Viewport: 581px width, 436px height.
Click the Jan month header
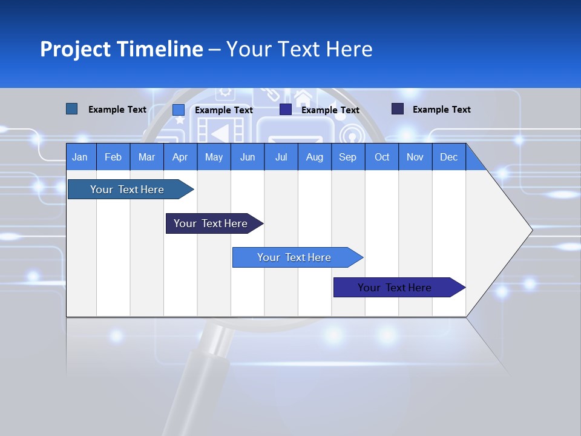tap(80, 157)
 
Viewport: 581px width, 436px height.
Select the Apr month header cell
tap(180, 157)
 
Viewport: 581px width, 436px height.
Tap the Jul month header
tap(281, 157)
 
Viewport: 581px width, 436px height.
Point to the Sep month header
tap(347, 157)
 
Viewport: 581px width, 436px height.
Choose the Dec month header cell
tap(448, 157)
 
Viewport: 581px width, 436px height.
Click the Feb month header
tap(113, 157)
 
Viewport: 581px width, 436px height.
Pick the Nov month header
tap(415, 157)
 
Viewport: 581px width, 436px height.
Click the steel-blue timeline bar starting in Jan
tap(127, 190)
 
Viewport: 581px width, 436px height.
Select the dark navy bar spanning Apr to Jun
tap(211, 223)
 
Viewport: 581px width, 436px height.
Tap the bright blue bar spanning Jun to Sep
tap(294, 257)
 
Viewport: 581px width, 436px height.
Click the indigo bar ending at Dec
tap(395, 288)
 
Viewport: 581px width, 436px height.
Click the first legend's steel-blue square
tap(71, 109)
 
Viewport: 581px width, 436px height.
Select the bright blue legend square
tap(178, 110)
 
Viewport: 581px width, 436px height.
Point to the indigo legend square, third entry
tap(286, 110)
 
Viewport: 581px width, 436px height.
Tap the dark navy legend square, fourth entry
tap(397, 109)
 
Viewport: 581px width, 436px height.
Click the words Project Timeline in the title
tap(121, 49)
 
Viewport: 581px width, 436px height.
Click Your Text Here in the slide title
tap(299, 49)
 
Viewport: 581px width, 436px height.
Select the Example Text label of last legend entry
tap(441, 110)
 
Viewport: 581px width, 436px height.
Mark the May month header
tap(214, 157)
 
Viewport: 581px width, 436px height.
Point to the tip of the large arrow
tap(531, 230)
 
